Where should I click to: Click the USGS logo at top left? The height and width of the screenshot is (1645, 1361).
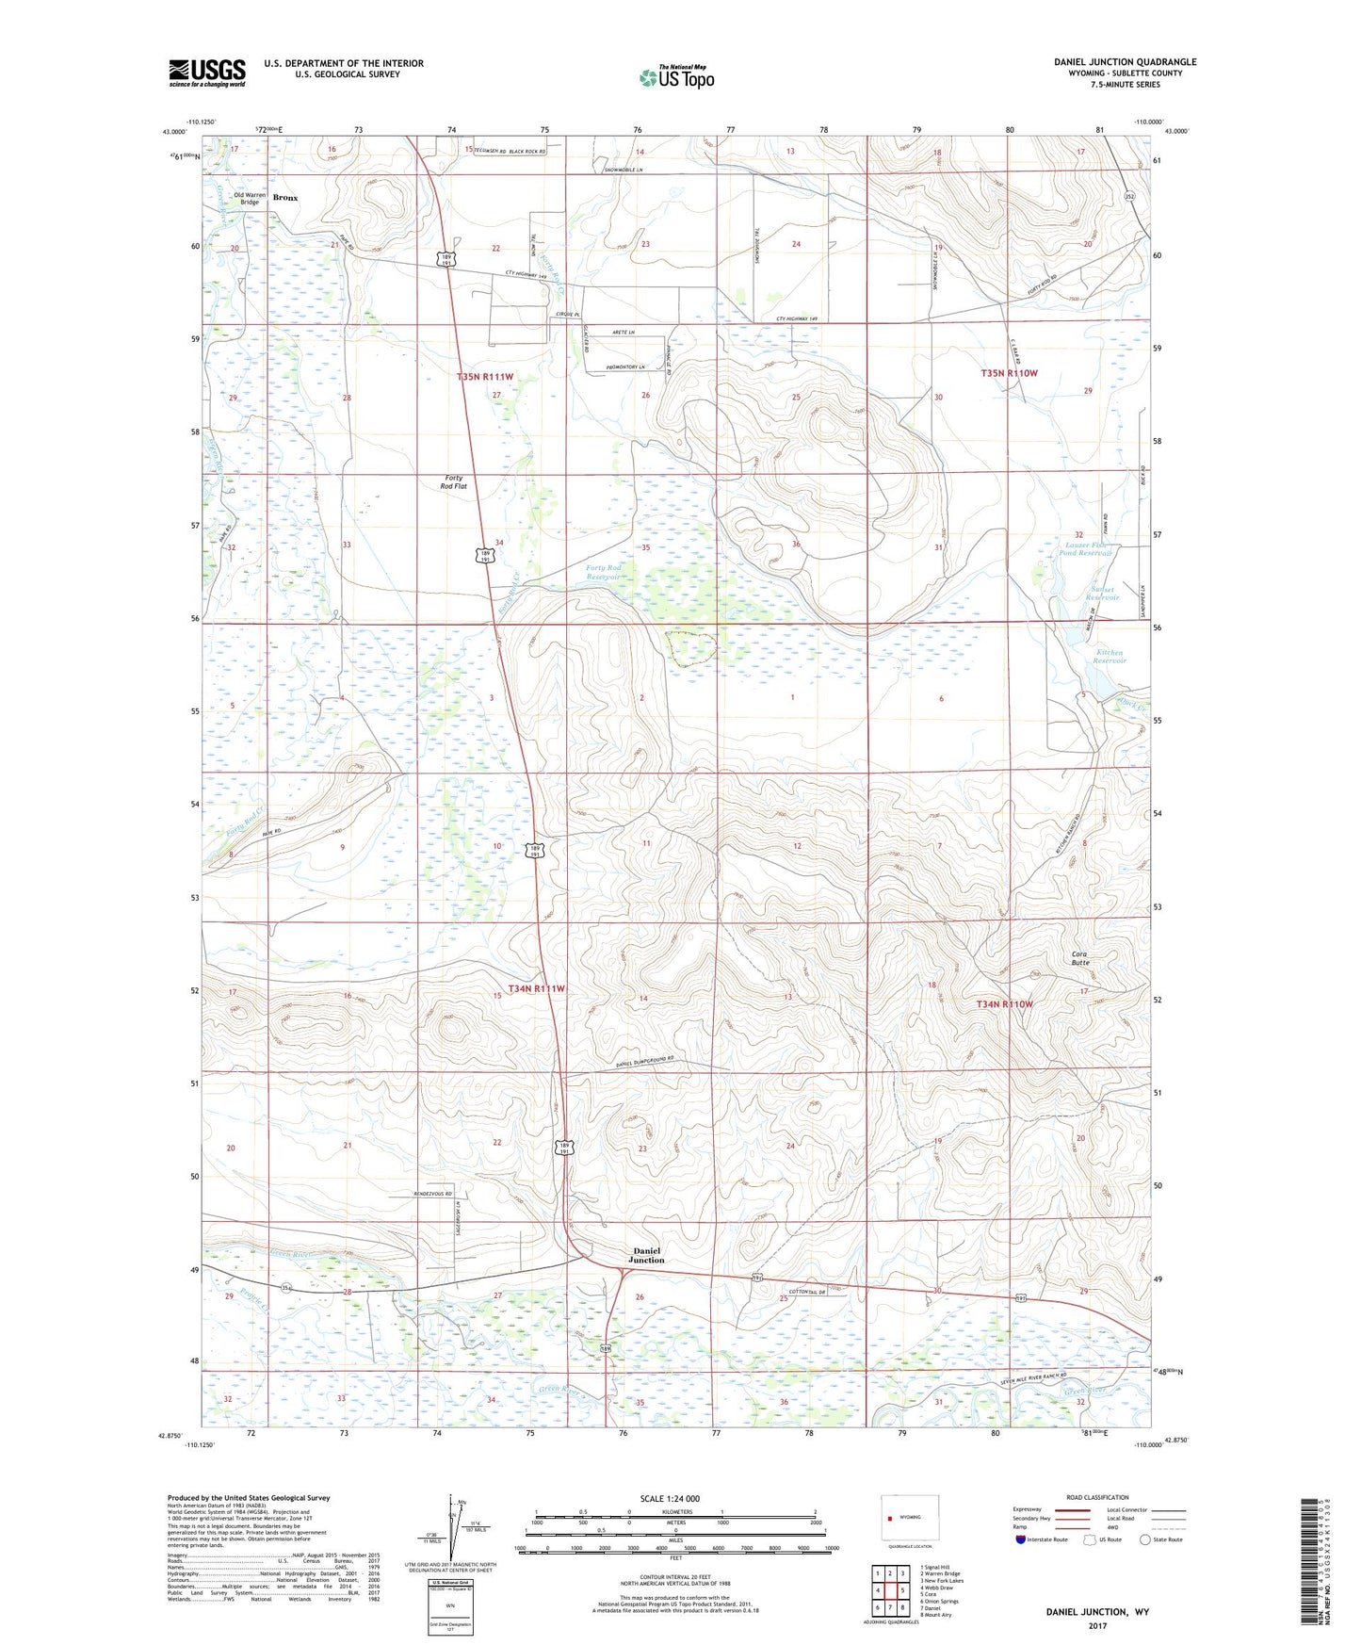[207, 73]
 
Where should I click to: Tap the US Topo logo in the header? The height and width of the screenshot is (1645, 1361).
[676, 77]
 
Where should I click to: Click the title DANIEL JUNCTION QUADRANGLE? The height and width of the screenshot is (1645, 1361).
[1125, 62]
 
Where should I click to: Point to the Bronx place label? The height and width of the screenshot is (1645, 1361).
[284, 199]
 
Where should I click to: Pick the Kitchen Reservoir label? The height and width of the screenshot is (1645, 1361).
[1110, 657]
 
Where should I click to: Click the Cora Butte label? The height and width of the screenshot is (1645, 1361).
[1079, 958]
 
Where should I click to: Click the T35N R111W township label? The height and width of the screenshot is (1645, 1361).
[485, 377]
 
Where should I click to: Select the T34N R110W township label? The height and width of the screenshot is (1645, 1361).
[1004, 1004]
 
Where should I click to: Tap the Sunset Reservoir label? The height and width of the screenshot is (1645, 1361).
[1102, 593]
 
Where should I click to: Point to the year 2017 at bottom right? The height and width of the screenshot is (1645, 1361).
[1097, 1625]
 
